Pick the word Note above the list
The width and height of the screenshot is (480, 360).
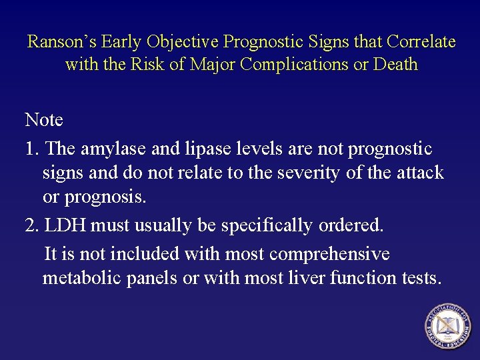point(44,120)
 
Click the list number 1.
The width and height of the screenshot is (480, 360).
point(31,148)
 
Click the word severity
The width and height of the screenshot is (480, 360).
point(307,173)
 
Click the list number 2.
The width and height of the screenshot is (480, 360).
point(31,225)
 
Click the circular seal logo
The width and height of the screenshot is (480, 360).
point(447,327)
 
